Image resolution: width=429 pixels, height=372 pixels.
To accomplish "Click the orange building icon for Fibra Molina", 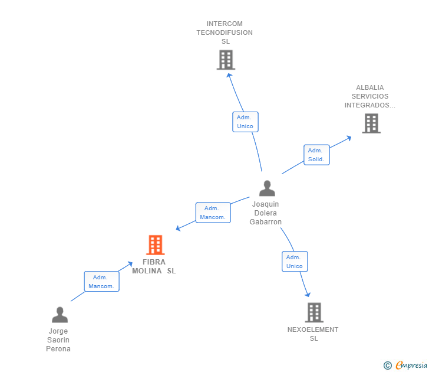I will (x=155, y=244).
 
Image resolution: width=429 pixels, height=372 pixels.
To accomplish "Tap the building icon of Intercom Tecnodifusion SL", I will (x=226, y=60).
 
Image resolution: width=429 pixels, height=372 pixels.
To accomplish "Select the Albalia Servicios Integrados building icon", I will (x=371, y=123).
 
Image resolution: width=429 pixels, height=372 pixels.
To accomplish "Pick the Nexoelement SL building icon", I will (x=314, y=312).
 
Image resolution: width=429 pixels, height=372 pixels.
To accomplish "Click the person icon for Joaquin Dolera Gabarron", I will (x=267, y=188).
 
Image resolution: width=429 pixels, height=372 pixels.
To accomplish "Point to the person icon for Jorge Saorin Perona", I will (x=60, y=315).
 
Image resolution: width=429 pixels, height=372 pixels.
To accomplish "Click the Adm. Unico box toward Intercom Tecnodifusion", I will (x=245, y=122).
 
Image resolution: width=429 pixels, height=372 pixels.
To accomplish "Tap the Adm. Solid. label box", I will (x=316, y=155).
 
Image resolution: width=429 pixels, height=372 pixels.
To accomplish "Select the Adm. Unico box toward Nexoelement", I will (x=295, y=262).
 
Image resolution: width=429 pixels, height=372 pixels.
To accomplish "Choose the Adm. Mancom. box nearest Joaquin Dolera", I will (x=213, y=213).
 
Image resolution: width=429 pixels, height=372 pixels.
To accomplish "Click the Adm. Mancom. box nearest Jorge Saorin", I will (x=101, y=282).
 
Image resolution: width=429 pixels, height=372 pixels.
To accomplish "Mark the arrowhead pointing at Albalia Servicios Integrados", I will (x=349, y=138).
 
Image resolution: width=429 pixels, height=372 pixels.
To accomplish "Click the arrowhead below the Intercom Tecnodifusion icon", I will (x=229, y=74).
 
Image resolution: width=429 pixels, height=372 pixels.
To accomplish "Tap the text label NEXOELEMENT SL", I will (x=313, y=334).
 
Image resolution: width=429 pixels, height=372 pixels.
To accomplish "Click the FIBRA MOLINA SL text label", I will (x=154, y=266).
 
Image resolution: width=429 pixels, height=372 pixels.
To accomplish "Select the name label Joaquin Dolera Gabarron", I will (x=266, y=213).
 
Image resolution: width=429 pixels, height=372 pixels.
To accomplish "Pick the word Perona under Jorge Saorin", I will (x=58, y=349).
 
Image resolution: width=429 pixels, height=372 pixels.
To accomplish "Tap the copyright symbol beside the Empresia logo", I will (x=387, y=366).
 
